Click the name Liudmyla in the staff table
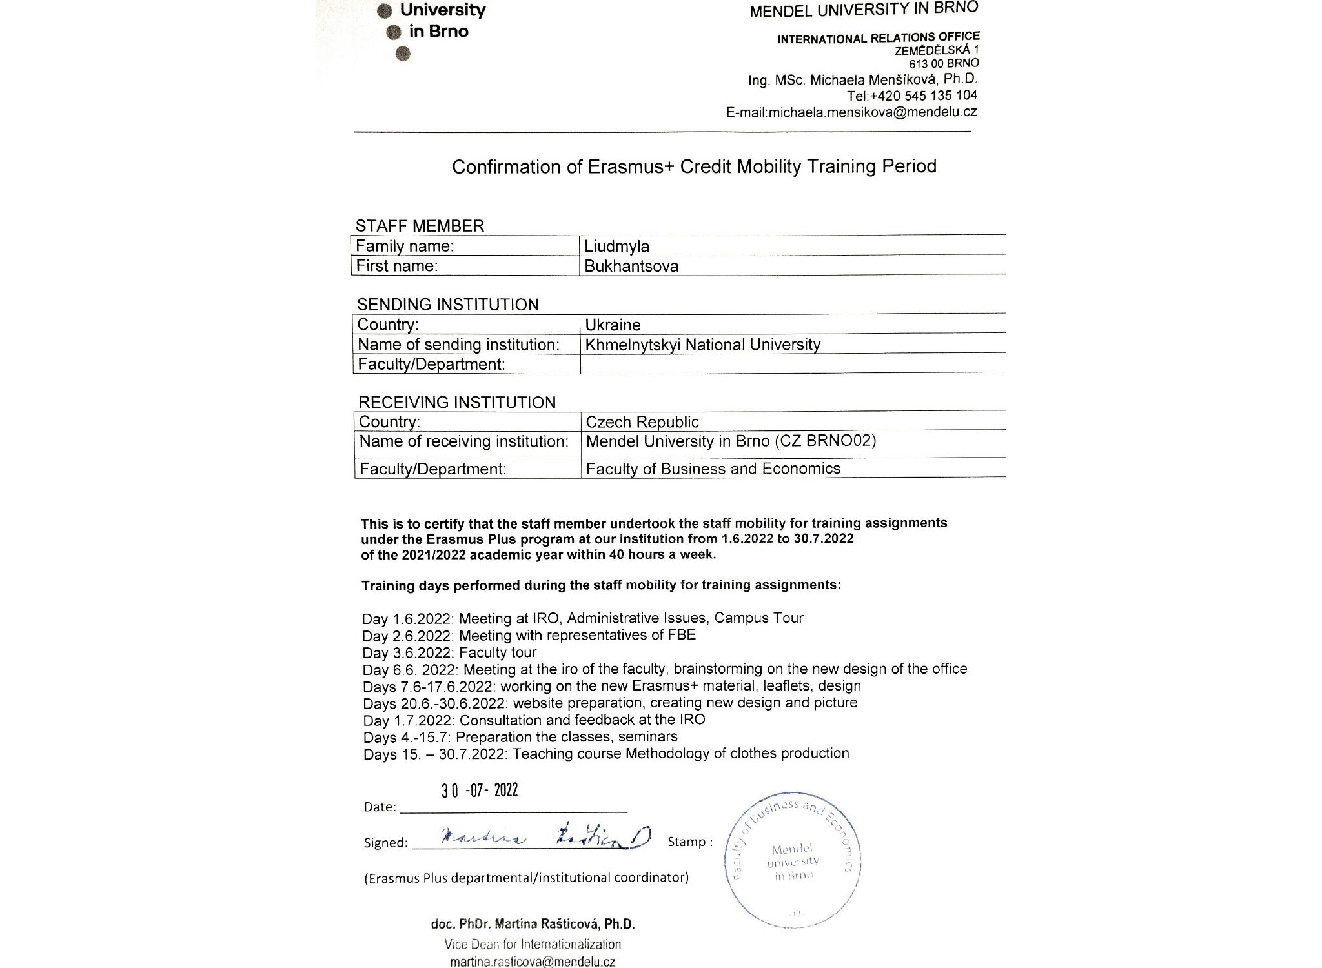tap(616, 247)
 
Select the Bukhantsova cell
tap(631, 267)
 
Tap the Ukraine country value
tap(613, 325)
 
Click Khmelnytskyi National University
tap(702, 345)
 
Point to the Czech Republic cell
tap(642, 422)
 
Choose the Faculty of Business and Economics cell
tap(713, 469)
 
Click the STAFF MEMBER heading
tap(420, 226)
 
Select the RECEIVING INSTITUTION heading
tap(457, 403)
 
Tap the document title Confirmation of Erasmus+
tap(694, 166)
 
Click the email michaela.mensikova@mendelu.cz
tap(872, 112)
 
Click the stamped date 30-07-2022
tap(480, 791)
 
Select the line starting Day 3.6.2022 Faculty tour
tap(449, 652)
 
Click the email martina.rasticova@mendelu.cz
tap(533, 962)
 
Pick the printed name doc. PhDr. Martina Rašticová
tap(533, 924)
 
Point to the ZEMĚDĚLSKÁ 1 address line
tap(936, 50)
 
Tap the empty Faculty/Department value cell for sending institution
tap(793, 364)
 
